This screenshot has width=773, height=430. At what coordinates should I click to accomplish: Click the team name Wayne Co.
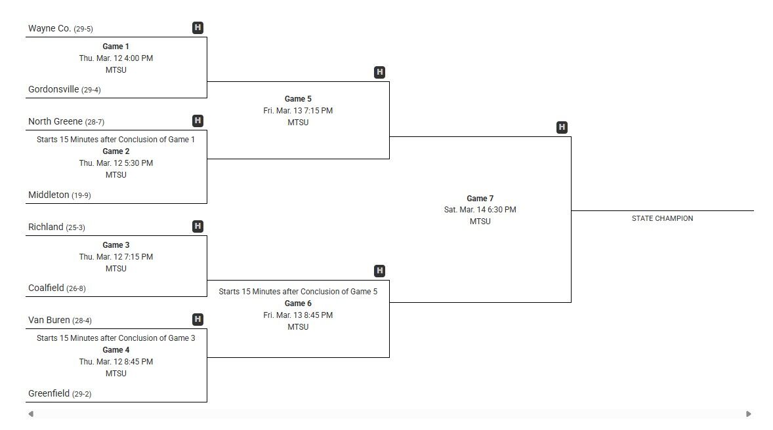[x=49, y=28]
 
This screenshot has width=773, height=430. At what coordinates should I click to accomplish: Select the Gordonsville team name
[x=53, y=89]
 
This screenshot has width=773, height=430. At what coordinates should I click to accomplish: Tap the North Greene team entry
[x=55, y=121]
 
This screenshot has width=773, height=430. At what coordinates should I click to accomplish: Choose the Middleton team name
[x=49, y=195]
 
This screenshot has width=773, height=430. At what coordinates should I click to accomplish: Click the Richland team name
[x=45, y=227]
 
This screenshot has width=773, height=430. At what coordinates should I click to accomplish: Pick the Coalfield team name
[x=46, y=288]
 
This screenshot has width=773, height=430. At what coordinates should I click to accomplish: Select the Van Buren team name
[x=49, y=320]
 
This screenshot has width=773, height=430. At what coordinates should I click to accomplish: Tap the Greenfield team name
[x=49, y=393]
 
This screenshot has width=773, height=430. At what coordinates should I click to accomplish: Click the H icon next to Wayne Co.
[x=198, y=28]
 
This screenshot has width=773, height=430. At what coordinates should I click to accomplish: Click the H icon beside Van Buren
[x=198, y=319]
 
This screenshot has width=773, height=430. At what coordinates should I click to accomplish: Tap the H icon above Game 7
[x=562, y=127]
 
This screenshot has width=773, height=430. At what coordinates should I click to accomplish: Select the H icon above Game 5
[x=379, y=72]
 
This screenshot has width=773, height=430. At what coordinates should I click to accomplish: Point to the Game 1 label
[x=116, y=47]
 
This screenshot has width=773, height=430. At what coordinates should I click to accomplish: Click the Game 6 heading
[x=298, y=303]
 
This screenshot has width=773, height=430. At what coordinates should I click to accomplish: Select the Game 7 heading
[x=480, y=198]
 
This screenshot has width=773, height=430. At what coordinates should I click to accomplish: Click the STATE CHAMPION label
[x=662, y=218]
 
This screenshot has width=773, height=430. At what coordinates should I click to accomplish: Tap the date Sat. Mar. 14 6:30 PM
[x=480, y=210]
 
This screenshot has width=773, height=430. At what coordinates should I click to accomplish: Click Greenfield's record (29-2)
[x=82, y=394]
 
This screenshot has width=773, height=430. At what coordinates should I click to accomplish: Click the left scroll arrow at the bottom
[x=31, y=414]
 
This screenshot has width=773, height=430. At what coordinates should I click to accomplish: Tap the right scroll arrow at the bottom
[x=749, y=414]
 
